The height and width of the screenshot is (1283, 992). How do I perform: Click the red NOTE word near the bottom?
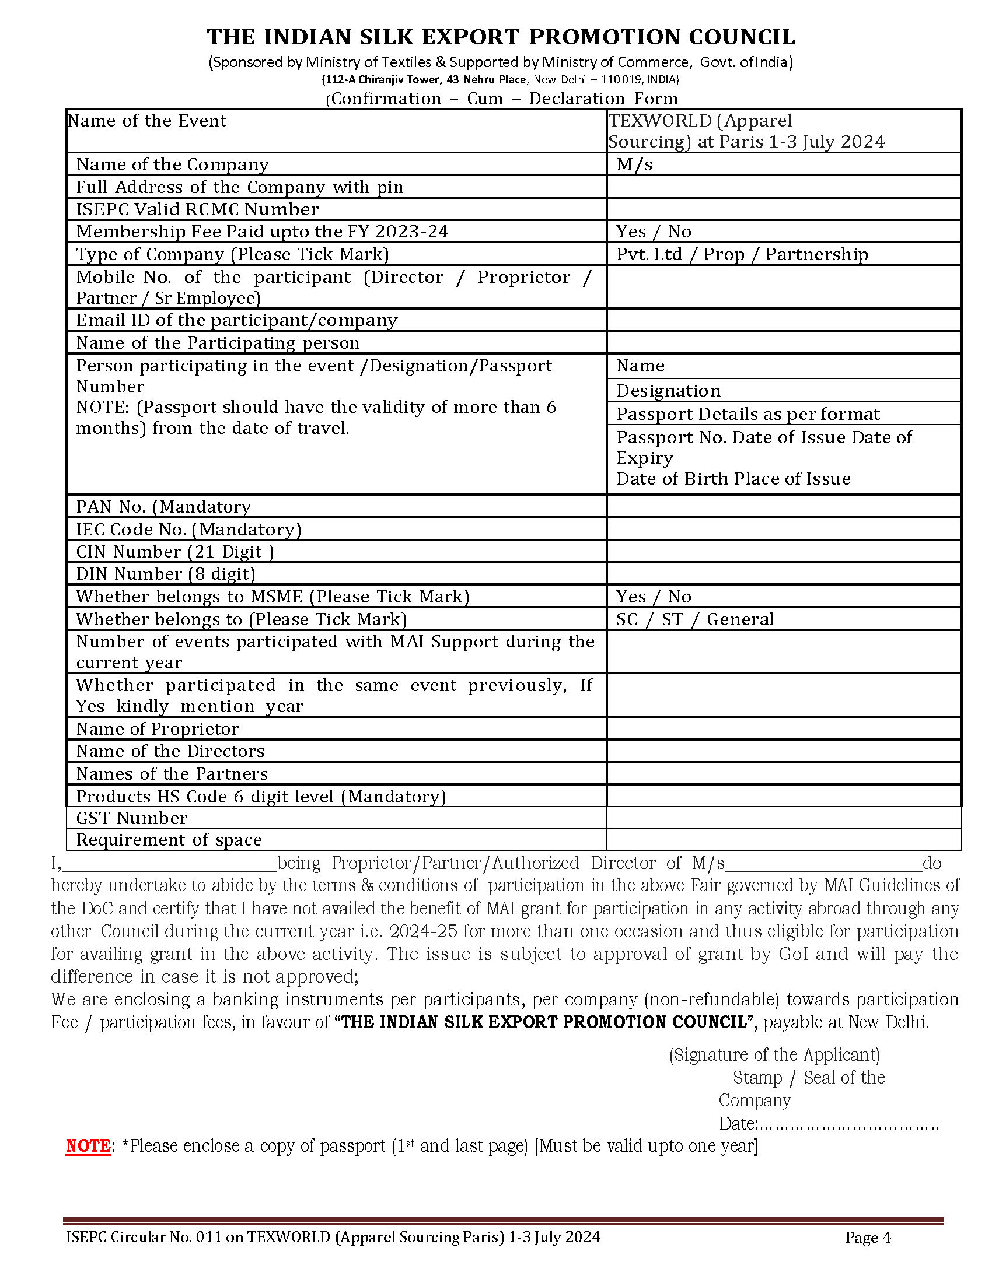[88, 1146]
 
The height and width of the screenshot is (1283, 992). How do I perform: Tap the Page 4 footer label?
[868, 1237]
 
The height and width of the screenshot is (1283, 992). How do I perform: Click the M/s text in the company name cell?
[634, 164]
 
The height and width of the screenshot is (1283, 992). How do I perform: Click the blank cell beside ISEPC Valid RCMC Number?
[783, 209]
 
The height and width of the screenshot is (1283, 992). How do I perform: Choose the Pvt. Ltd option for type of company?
[649, 254]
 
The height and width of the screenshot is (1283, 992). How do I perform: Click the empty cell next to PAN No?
[783, 506]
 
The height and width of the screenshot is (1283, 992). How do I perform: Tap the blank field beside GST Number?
[783, 818]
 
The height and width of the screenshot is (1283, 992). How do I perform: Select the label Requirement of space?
[169, 840]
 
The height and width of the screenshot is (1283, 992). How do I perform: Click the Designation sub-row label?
[668, 391]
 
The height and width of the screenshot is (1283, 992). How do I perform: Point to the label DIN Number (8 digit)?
[166, 574]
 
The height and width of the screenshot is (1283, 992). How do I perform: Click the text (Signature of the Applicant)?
[774, 1055]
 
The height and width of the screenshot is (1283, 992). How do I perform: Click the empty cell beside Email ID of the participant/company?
[783, 320]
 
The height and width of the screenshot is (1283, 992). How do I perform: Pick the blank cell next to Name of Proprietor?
[783, 728]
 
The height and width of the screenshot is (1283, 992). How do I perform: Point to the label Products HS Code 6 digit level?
[261, 797]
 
